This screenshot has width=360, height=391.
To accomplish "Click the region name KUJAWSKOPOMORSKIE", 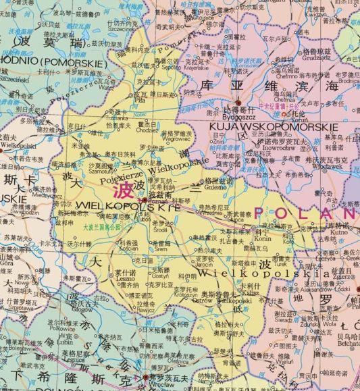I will (x=273, y=126).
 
